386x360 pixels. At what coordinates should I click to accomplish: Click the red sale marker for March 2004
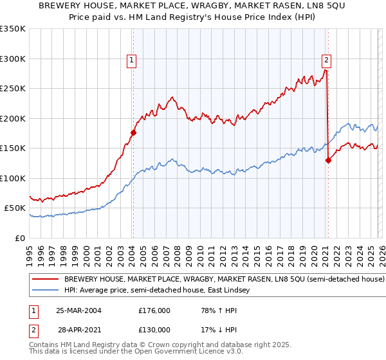pyautogui.click(x=133, y=133)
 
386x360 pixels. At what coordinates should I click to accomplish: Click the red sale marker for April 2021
pyautogui.click(x=328, y=161)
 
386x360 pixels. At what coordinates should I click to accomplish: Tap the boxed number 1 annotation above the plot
pyautogui.click(x=131, y=61)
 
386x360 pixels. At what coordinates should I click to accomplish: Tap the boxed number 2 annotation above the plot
pyautogui.click(x=326, y=61)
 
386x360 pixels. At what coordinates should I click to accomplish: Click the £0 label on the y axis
pyautogui.click(x=19, y=238)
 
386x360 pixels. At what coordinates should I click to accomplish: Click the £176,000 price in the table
pyautogui.click(x=154, y=310)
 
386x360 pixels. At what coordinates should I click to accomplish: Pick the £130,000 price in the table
pyautogui.click(x=154, y=328)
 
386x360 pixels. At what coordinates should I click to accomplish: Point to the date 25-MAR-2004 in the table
pyautogui.click(x=78, y=310)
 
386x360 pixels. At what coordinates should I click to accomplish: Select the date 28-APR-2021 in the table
pyautogui.click(x=78, y=328)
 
